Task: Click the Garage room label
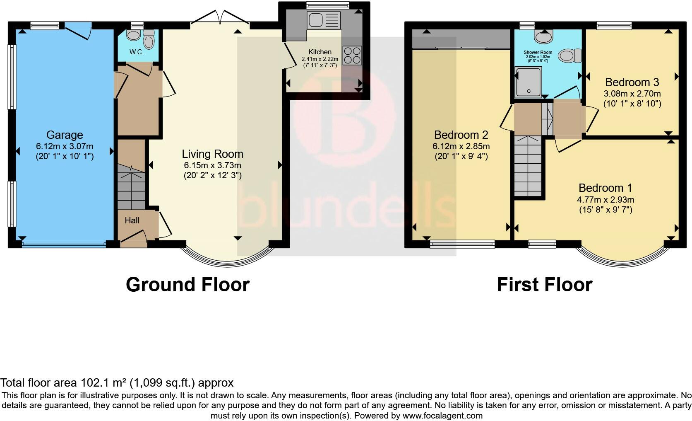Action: click(x=64, y=135)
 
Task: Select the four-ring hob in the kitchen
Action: click(x=352, y=55)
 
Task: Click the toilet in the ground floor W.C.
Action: click(x=149, y=40)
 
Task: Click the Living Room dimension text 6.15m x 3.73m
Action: click(x=212, y=165)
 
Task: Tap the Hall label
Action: click(x=132, y=220)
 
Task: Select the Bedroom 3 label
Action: click(x=632, y=82)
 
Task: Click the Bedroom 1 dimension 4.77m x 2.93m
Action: click(x=605, y=200)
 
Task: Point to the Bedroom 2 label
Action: click(x=461, y=135)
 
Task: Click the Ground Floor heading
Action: click(x=187, y=285)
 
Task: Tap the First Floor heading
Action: click(x=544, y=285)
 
